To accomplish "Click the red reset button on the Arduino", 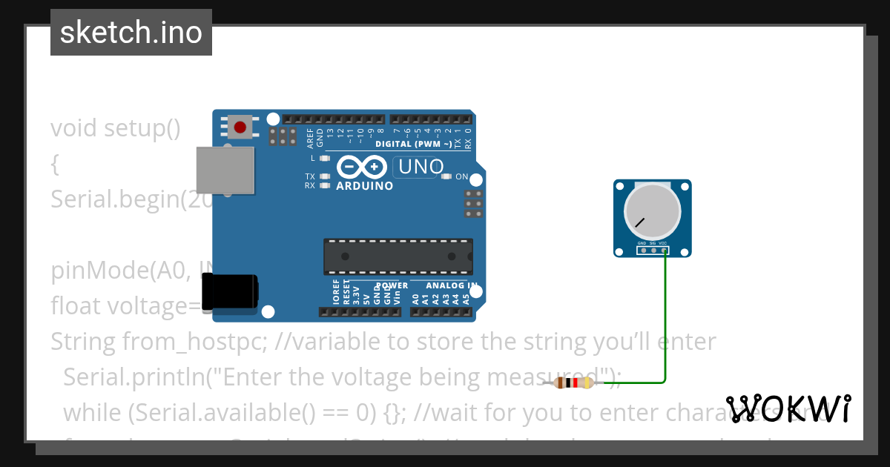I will click(240, 127).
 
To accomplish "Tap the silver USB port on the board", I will click(225, 170).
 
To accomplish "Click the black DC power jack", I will click(231, 291).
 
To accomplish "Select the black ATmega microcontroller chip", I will click(398, 256).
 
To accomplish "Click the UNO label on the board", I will click(421, 167).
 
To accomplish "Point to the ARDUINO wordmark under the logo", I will click(364, 186).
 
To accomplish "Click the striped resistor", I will click(575, 382).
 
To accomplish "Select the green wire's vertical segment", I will click(665, 319).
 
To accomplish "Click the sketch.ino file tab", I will click(131, 33).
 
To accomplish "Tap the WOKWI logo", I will click(788, 408).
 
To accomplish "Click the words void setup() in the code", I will click(115, 128).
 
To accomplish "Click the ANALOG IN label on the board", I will click(451, 285).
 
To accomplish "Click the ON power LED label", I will click(461, 176).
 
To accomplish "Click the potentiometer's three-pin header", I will click(653, 251).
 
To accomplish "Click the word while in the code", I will click(85, 413).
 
